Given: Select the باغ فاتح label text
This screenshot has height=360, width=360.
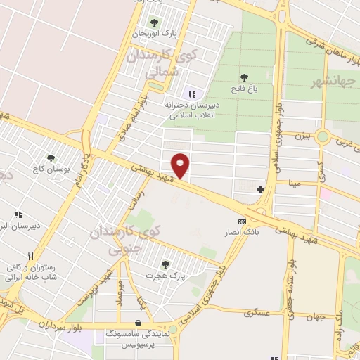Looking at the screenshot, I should tap(243, 89).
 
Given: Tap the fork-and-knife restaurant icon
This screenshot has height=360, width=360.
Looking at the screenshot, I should tap(29, 257).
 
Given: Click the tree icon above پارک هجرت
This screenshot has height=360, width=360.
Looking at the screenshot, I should tap(165, 264).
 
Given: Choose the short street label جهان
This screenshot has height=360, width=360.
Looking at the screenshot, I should tap(316, 318).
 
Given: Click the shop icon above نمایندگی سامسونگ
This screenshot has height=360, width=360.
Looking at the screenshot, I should tap(137, 323).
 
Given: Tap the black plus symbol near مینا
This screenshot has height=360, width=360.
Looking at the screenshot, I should tap(260, 188).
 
